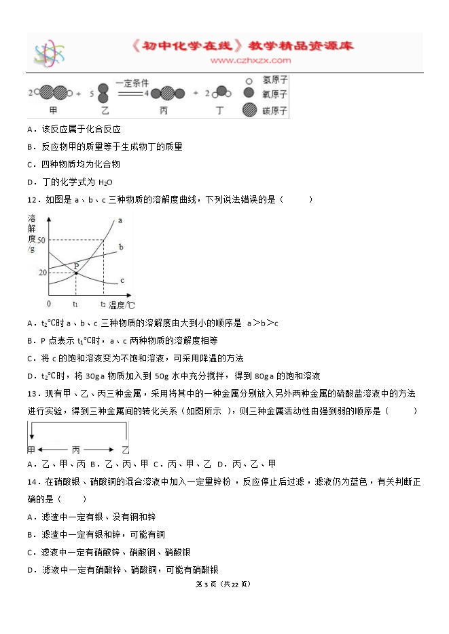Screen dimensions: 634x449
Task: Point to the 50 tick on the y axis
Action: tap(42, 241)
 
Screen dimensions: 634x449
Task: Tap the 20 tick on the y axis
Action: tap(42, 272)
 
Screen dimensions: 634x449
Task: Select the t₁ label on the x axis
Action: tap(75, 305)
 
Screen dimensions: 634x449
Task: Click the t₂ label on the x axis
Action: tap(103, 305)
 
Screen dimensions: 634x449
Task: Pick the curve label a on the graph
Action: tap(120, 220)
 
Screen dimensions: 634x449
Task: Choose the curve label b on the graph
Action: tap(120, 247)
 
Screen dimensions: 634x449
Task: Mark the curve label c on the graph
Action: tap(121, 280)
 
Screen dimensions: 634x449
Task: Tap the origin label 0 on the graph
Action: tap(48, 304)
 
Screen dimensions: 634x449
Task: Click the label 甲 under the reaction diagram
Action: tap(54, 109)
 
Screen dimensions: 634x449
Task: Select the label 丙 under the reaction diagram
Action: tap(163, 109)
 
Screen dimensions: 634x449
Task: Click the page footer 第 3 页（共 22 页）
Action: tap(223, 584)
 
